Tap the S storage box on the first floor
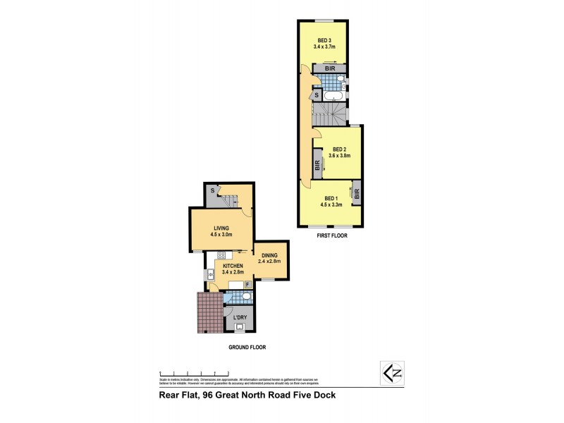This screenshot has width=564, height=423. tap(317, 94)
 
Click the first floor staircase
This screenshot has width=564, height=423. tap(330, 112)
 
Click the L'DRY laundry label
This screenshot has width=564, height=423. tap(240, 318)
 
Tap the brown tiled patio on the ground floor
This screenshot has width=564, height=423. tap(209, 312)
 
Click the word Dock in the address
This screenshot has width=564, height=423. tap(323, 396)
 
